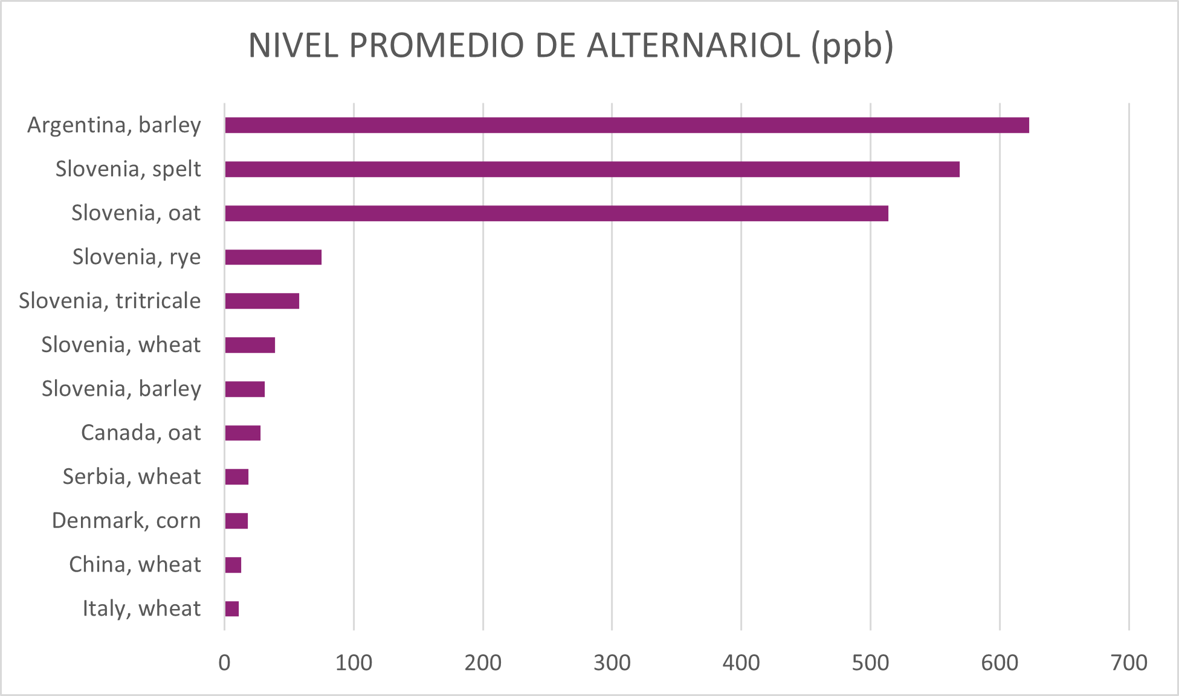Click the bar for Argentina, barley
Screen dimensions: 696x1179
[627, 125]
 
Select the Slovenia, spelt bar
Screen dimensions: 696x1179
[592, 169]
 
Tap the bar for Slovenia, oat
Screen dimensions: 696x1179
[557, 213]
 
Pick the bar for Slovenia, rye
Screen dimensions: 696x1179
[273, 257]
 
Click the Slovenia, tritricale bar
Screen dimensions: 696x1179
[262, 301]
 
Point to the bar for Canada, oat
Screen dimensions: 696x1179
[242, 433]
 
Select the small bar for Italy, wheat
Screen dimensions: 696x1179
[232, 609]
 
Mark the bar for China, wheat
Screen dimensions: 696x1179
[233, 565]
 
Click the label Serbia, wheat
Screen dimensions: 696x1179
[131, 477]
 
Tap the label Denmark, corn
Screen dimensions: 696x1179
[126, 521]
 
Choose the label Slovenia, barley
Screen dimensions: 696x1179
[121, 388]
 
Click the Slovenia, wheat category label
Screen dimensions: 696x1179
[120, 345]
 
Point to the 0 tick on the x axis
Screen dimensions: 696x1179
[224, 663]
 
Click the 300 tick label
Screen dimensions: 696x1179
[612, 663]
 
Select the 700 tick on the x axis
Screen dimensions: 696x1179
[1129, 663]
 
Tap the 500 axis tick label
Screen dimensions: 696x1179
[870, 663]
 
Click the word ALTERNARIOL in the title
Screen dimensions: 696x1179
[694, 45]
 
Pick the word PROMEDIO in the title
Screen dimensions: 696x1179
[436, 45]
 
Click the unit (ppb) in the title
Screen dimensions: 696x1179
[852, 47]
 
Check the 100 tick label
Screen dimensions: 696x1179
[354, 663]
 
